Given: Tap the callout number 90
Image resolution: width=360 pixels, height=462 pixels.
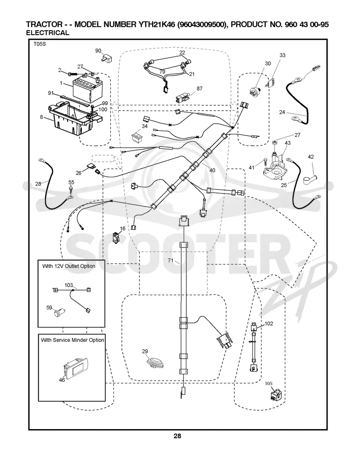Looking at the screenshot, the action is click(98, 51).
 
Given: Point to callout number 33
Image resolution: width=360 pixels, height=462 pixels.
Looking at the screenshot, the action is click(283, 55).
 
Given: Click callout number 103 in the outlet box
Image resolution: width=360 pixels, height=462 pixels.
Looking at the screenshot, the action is click(69, 285).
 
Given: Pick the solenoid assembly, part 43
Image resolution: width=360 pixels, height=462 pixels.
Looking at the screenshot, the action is click(274, 165).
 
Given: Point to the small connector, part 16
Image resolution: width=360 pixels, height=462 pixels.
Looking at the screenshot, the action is click(115, 238).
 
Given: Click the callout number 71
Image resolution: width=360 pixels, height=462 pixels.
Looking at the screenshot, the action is click(171, 260).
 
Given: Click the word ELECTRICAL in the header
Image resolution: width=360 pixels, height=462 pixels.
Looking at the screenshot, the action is click(47, 33).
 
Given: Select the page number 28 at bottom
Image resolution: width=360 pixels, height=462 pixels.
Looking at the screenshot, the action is click(177, 435).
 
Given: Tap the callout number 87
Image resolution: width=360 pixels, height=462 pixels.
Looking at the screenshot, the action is click(200, 88).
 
